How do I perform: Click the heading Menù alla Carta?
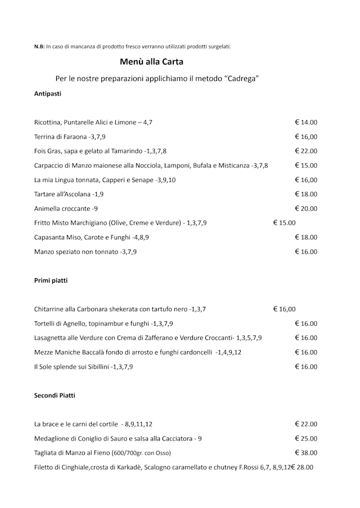tap(152, 62)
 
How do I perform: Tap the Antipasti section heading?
tap(48, 94)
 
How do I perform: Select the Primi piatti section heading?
tap(51, 280)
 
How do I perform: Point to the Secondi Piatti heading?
tap(55, 396)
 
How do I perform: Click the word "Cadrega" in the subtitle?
tap(237, 79)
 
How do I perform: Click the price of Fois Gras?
tap(306, 151)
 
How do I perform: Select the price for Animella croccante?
tap(306, 208)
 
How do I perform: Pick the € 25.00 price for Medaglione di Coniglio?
tap(306, 439)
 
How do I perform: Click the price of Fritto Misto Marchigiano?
tap(284, 223)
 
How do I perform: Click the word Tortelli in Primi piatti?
tap(46, 324)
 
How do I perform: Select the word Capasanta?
tap(50, 238)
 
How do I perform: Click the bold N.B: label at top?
tap(39, 47)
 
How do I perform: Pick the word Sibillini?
tap(96, 367)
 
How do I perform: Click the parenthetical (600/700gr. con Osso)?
tap(141, 453)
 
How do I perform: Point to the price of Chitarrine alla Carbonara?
tap(284, 309)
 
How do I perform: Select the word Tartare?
tap(46, 194)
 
